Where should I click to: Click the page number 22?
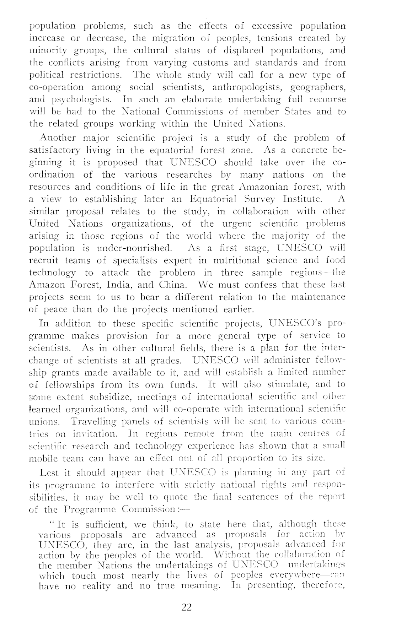pyautogui.click(x=187, y=607)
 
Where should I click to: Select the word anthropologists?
pyautogui.click(x=247, y=87)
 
